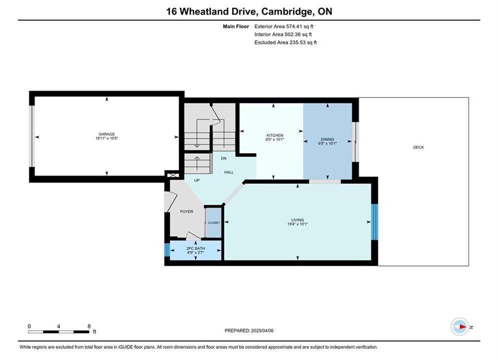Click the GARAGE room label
click(x=107, y=134)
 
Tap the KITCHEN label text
click(x=275, y=135)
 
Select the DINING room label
click(x=327, y=139)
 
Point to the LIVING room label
click(x=298, y=220)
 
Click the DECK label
click(x=418, y=147)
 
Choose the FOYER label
click(x=186, y=211)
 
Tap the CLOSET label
click(x=214, y=222)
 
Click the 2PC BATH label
click(x=196, y=248)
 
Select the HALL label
click(x=229, y=172)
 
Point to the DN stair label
click(x=224, y=158)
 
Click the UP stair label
click(x=197, y=180)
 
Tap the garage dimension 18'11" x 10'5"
click(x=107, y=138)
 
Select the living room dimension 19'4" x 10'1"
click(x=298, y=224)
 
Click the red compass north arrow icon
click(x=462, y=326)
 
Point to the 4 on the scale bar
click(x=59, y=326)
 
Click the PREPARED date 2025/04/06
click(x=262, y=330)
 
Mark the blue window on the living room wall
click(x=375, y=221)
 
